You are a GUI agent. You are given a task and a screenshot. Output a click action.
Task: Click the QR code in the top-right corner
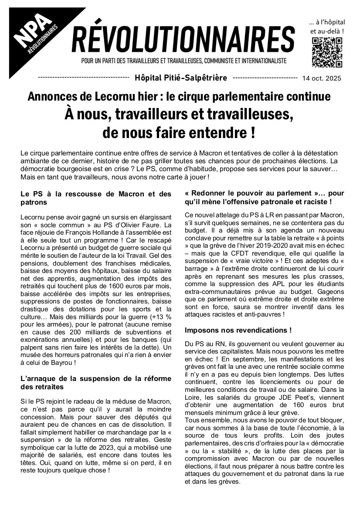click(x=326, y=53)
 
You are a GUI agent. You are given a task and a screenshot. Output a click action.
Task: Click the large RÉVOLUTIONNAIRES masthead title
click(x=183, y=40)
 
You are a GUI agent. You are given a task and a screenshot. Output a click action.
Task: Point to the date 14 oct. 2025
click(x=334, y=79)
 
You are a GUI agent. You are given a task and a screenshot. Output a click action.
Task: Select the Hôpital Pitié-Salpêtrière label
click(x=193, y=78)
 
